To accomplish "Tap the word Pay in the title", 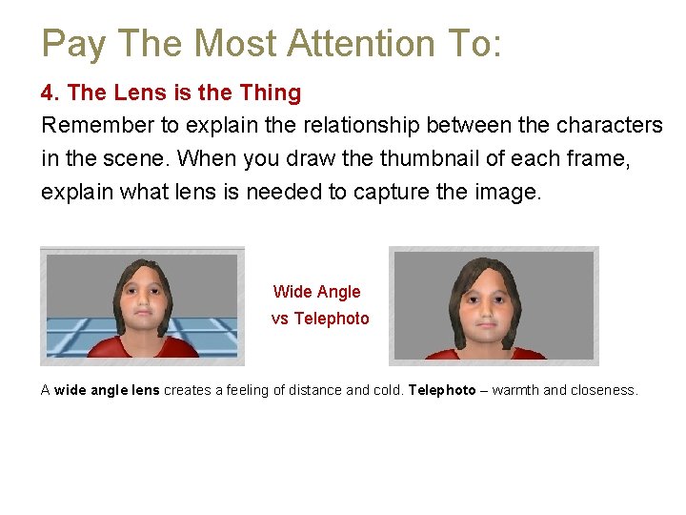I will click(67, 44).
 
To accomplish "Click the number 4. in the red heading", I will click(50, 93).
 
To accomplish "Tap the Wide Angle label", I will click(316, 292).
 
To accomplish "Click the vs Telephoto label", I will click(320, 319).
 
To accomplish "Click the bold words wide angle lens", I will click(107, 390).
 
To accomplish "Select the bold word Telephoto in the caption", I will click(441, 390).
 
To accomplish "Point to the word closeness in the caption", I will click(603, 390).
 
